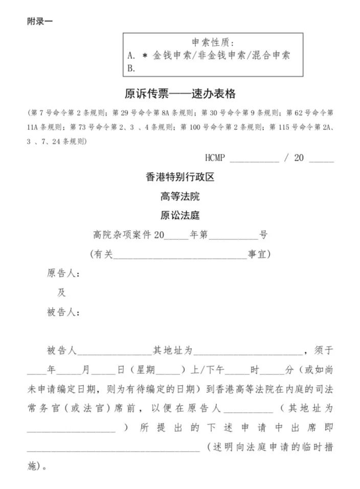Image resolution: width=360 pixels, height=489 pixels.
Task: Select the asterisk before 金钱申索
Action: (145, 55)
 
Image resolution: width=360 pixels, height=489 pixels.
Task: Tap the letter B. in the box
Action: (131, 68)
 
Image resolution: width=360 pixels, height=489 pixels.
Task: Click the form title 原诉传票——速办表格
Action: (180, 94)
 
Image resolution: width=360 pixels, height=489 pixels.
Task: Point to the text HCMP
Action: (215, 158)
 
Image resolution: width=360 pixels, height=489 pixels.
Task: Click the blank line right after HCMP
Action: (254, 160)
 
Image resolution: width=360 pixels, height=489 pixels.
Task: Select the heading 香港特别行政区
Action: (179, 177)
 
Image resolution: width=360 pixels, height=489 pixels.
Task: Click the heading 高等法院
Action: (179, 196)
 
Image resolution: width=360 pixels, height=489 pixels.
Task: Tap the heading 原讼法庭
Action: (179, 215)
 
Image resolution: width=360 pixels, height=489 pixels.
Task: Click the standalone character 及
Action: (61, 293)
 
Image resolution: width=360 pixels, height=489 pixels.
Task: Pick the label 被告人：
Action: (63, 312)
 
